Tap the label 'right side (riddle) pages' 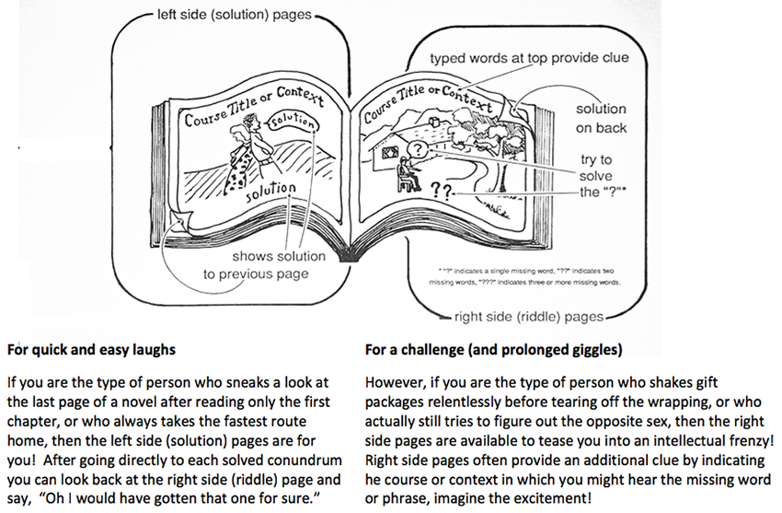point(529,317)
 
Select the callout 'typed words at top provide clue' point(529,58)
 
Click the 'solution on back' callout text point(601,119)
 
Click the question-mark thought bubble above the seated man point(416,148)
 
